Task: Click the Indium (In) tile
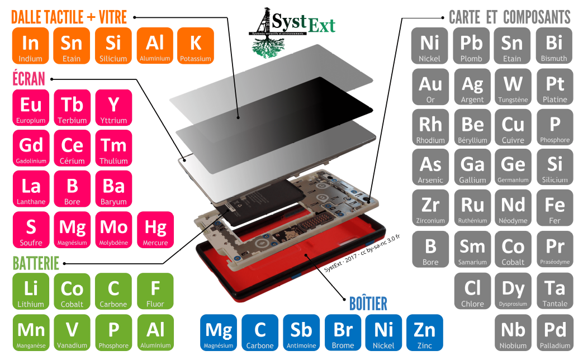pyautogui.click(x=30, y=46)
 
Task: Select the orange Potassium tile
pyautogui.click(x=196, y=46)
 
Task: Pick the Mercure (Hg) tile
pyautogui.click(x=155, y=230)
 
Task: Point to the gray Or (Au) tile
pyautogui.click(x=430, y=87)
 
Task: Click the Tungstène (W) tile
pyautogui.click(x=513, y=87)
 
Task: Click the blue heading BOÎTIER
pyautogui.click(x=368, y=304)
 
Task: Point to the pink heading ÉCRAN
pyautogui.click(x=29, y=79)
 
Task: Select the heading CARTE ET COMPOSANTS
pyautogui.click(x=509, y=17)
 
